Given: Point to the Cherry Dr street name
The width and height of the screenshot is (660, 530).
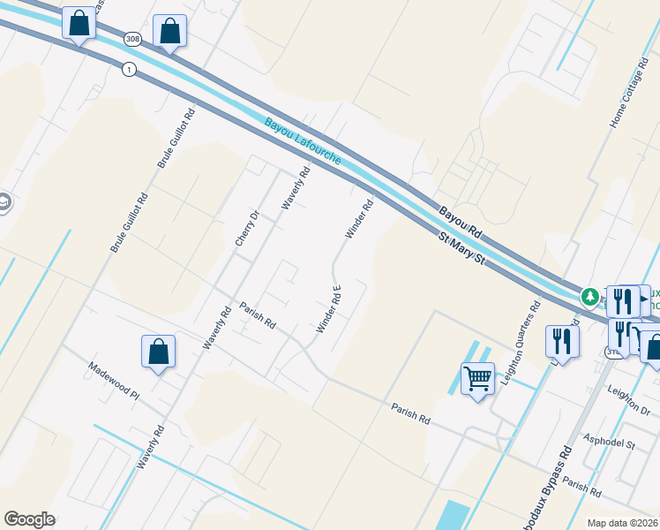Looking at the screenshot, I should click(x=245, y=228).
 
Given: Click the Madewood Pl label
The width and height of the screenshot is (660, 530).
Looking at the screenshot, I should click(x=113, y=382).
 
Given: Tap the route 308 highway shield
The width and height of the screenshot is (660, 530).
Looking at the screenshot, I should click(x=132, y=39).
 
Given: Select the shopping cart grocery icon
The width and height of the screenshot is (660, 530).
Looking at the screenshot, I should click(x=477, y=379).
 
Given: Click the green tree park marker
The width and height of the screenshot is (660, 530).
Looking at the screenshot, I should click(x=589, y=296).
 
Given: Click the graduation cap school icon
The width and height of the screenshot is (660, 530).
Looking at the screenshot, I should click(x=4, y=204).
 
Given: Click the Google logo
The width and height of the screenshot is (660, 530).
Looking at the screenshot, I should click(x=29, y=519).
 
